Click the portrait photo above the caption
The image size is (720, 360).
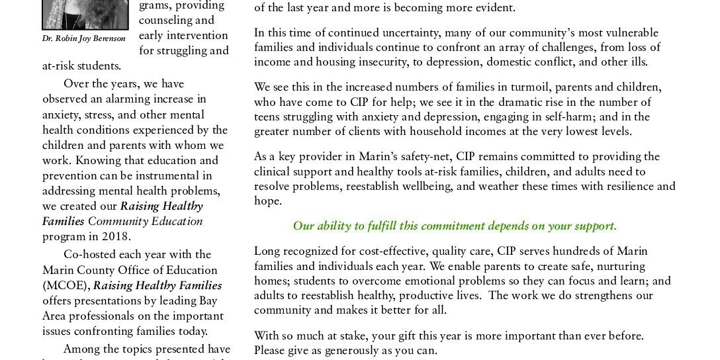click(x=85, y=14)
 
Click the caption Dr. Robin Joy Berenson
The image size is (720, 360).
click(x=83, y=39)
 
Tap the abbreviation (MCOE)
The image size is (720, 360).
click(x=66, y=286)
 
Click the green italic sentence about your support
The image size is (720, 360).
click(x=455, y=226)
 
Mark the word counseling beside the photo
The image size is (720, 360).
click(x=169, y=21)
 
